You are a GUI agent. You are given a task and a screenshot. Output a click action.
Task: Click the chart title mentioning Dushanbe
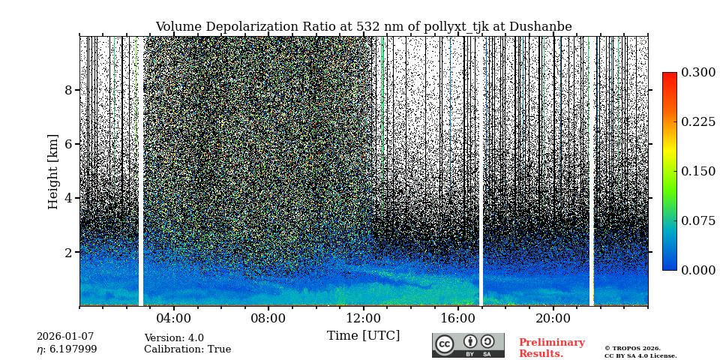tap(363, 27)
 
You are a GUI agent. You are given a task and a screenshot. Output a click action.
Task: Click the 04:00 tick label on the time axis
tap(173, 318)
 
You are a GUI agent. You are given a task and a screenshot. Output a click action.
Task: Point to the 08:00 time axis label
tap(268, 318)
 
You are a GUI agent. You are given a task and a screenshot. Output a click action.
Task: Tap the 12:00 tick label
tap(363, 318)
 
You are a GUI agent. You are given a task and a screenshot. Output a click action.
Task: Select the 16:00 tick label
tap(457, 318)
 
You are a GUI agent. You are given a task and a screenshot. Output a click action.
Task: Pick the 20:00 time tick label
tap(553, 318)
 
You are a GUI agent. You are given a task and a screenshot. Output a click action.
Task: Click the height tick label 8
tap(68, 91)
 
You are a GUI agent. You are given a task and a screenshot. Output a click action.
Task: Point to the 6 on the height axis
tap(68, 145)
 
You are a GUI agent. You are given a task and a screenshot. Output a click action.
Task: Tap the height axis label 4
tap(68, 199)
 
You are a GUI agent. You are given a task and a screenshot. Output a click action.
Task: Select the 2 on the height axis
tap(68, 253)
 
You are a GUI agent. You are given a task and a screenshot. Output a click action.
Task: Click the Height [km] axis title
tap(53, 172)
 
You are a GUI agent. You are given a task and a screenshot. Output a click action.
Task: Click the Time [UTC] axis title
tap(363, 336)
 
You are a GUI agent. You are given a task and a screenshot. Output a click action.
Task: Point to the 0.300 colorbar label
tap(697, 73)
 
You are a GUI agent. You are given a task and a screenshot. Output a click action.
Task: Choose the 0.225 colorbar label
tap(697, 122)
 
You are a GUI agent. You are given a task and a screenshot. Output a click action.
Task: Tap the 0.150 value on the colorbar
tap(697, 172)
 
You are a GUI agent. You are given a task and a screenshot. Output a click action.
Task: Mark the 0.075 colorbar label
tap(697, 221)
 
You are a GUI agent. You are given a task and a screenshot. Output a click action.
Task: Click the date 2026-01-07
tap(66, 337)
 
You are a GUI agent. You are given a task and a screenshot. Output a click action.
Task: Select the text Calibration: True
tap(187, 349)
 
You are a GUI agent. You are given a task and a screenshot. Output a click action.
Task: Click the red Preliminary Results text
tap(551, 348)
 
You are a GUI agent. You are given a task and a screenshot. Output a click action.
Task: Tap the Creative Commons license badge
tap(468, 345)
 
